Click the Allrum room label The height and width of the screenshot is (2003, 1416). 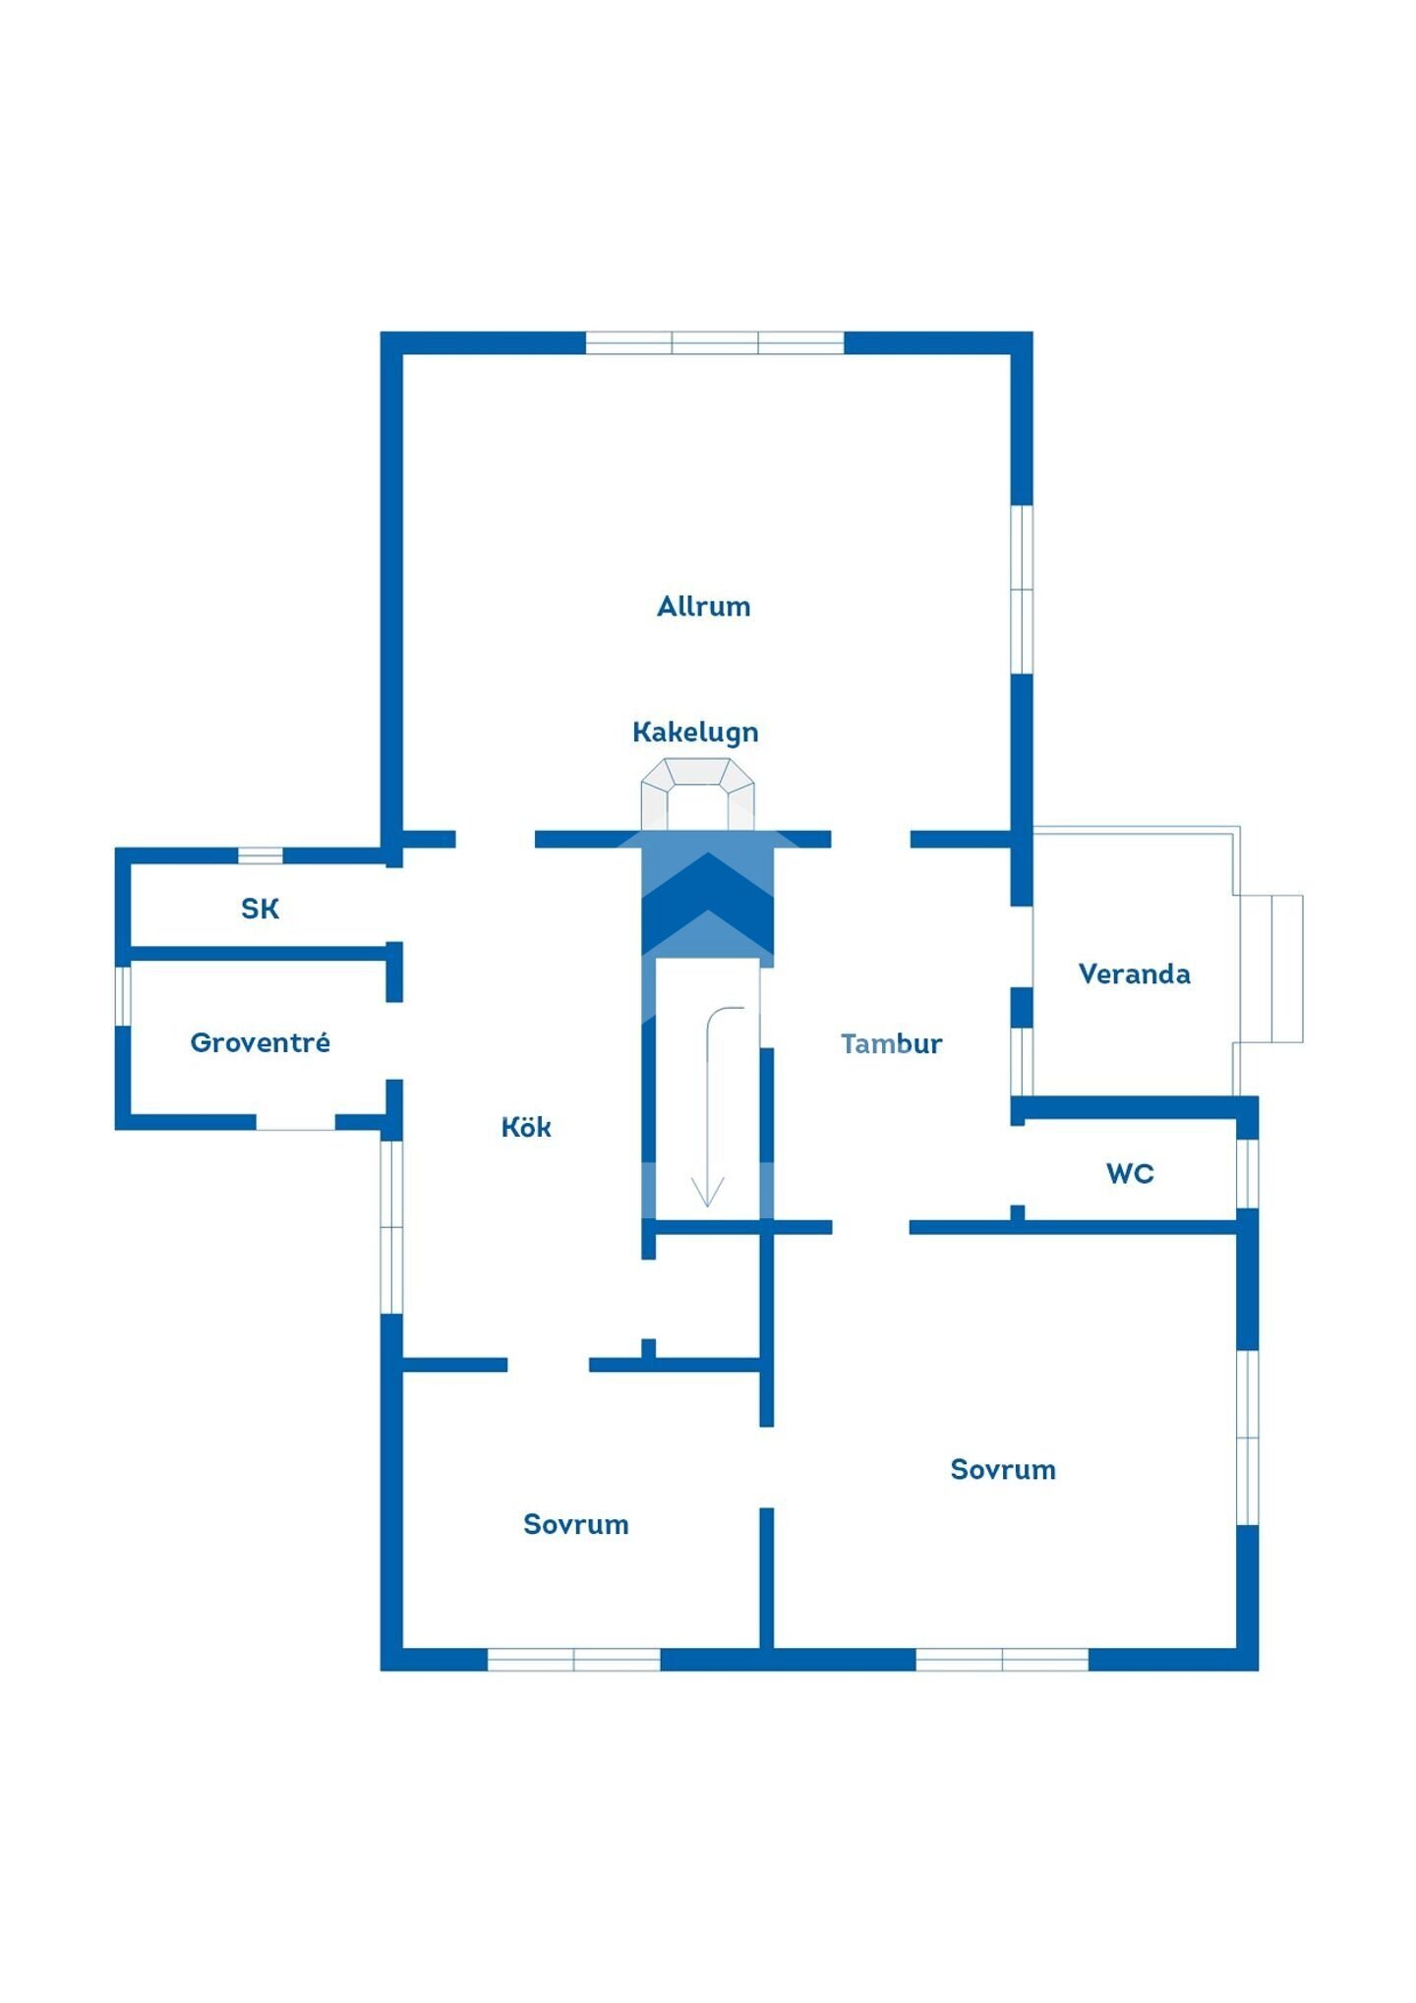coord(703,606)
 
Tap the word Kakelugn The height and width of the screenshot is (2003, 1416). coord(695,732)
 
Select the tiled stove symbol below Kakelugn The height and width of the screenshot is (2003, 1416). coord(698,793)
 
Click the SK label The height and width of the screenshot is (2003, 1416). coord(260,909)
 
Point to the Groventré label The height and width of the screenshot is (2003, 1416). coord(260,1042)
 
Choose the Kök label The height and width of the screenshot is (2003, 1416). coord(526,1127)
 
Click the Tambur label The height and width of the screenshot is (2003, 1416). coord(891,1043)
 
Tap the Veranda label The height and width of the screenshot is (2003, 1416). coord(1134,973)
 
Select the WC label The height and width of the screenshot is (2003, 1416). coord(1130,1173)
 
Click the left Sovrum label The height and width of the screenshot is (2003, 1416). coord(575,1524)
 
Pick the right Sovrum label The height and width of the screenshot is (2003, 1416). coord(1002,1469)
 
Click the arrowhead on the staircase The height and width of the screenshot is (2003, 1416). coord(708,1192)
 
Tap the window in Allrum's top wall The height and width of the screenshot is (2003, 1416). coord(715,342)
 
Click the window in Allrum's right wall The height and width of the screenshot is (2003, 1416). coord(1023,589)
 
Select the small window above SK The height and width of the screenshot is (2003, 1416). coord(261,855)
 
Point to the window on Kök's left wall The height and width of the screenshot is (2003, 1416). coord(391,1226)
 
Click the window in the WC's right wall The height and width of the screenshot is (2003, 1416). coord(1247,1173)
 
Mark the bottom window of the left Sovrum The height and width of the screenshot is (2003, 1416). coord(574,1659)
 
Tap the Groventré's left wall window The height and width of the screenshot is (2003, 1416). coord(123,995)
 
